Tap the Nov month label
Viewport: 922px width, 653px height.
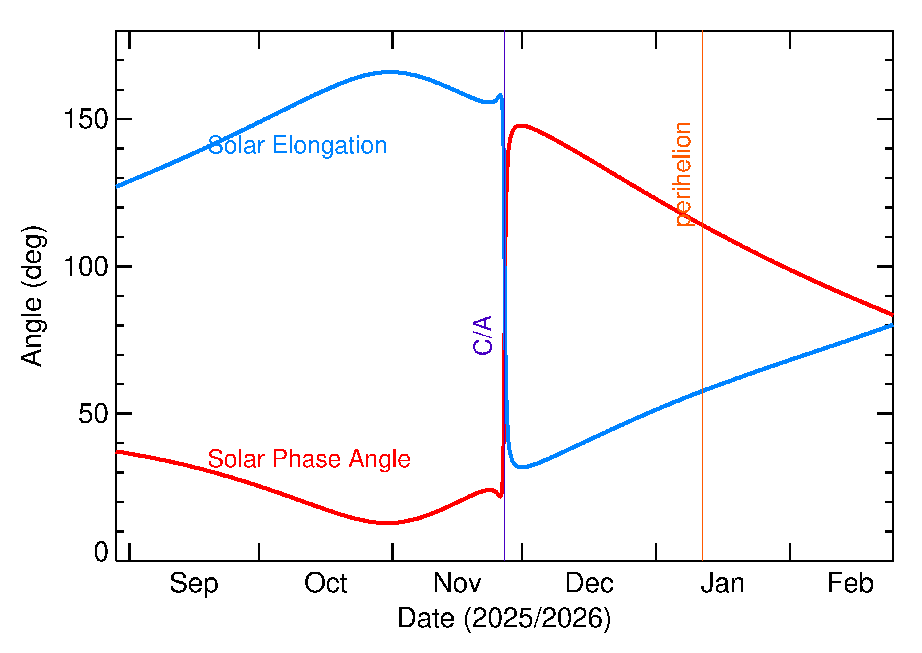tap(457, 583)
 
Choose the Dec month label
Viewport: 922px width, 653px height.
tap(589, 583)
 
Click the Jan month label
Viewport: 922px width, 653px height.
tap(722, 583)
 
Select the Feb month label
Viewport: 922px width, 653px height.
tap(850, 583)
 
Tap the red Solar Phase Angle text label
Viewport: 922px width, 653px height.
tap(309, 459)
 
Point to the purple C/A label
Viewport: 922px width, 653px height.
tap(483, 335)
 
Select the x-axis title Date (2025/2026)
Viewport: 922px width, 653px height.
tap(504, 618)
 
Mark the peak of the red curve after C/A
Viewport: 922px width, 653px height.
tap(521, 125)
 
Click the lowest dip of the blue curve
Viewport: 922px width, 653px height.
tap(521, 467)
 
